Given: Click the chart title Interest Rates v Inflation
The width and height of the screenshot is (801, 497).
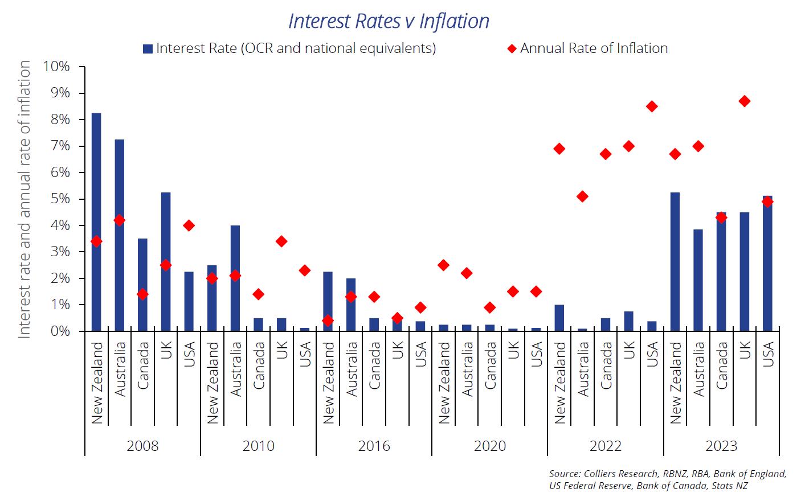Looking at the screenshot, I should coord(389,21).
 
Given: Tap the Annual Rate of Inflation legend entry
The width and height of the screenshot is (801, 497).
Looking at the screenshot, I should coord(587,48).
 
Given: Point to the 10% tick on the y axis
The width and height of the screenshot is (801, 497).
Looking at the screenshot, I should coord(56,67).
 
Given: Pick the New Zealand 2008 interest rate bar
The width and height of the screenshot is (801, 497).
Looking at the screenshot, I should coord(96,222).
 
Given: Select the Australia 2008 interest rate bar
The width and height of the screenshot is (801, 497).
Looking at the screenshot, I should coord(120,235).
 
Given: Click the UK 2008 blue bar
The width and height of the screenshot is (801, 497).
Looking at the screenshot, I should coord(166,261).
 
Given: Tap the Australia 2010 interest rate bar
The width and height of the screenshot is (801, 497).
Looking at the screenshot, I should coord(235,278).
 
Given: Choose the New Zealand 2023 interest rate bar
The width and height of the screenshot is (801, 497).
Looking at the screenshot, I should coord(675,261).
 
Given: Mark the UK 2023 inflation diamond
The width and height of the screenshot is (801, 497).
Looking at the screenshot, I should coord(744,101).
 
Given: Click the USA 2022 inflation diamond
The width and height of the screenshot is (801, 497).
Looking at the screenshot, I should coord(652,106).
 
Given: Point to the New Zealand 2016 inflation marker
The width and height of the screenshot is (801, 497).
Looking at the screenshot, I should coord(328,321).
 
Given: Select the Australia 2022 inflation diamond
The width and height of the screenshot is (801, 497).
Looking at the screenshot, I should coord(582,196).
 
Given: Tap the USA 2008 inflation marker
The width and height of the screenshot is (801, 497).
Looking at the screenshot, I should coord(189,225).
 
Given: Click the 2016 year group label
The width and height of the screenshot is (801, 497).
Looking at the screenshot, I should coord(374,446).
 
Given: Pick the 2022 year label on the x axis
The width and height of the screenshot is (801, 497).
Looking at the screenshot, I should coord(605,446).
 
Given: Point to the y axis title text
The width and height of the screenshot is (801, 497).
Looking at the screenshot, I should coord(24,199).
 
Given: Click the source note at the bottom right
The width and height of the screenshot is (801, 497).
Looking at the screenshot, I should coord(667,479).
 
